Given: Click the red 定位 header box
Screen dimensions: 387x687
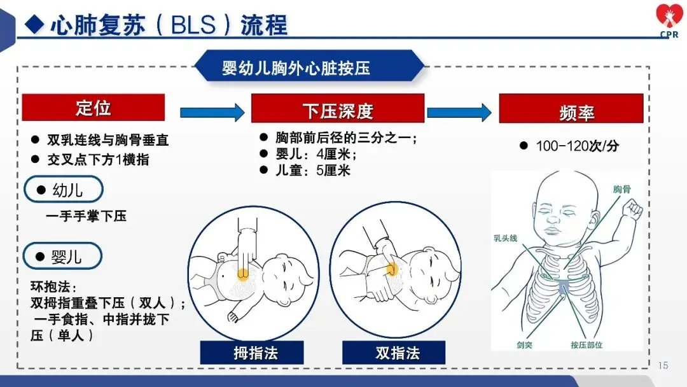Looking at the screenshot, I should pyautogui.click(x=94, y=108).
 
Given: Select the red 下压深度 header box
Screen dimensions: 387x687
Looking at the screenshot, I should pyautogui.click(x=337, y=108).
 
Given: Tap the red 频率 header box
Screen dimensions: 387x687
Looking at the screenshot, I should pyautogui.click(x=571, y=109).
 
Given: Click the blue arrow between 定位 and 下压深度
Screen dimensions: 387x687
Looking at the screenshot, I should pyautogui.click(x=212, y=113).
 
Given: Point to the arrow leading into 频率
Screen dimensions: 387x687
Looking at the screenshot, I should pyautogui.click(x=459, y=113).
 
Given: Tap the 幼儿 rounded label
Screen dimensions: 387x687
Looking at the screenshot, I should pyautogui.click(x=64, y=190).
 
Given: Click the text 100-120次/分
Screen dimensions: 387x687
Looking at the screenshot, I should pyautogui.click(x=577, y=146).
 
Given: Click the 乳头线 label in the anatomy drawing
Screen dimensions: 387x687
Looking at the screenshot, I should pyautogui.click(x=506, y=237).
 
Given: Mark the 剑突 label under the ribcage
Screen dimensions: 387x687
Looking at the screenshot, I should pyautogui.click(x=525, y=345).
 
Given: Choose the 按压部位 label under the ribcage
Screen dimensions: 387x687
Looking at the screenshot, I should pyautogui.click(x=586, y=345).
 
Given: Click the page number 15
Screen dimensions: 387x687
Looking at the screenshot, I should pyautogui.click(x=663, y=365).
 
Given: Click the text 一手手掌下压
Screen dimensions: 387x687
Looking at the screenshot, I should pyautogui.click(x=86, y=216).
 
